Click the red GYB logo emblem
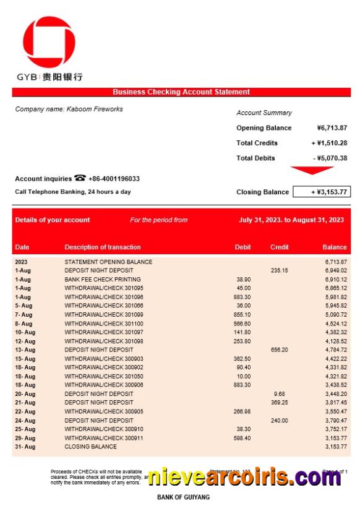pos(49,43)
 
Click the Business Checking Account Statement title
pos(181,92)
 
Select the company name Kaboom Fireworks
pos(69,109)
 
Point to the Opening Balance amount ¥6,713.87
pos(332,128)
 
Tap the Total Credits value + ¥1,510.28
pos(329,143)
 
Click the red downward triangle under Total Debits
pos(312,170)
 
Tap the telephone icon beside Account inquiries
pos(80,178)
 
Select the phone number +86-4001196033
pos(114,179)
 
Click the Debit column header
pos(243,247)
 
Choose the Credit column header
pos(280,247)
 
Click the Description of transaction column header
pos(103,247)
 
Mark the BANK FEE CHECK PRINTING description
pos(103,280)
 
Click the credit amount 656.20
pos(280,350)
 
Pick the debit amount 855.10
pos(242,315)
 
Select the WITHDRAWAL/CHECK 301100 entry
pos(104,324)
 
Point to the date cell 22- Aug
pos(24,412)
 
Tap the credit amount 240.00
pos(280,421)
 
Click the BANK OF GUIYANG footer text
pos(183,497)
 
